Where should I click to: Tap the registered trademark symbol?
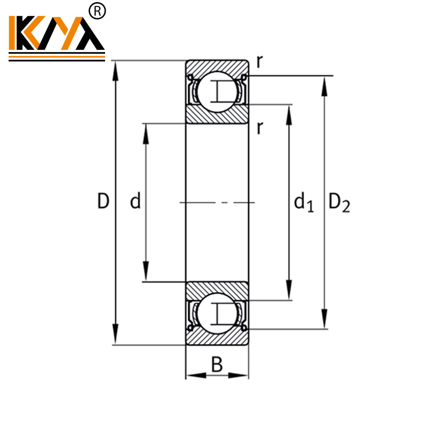[x=97, y=11]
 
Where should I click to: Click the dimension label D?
[x=103, y=202]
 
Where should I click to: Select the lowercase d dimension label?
[x=135, y=202]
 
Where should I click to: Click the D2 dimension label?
[x=339, y=203]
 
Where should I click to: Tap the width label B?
[x=217, y=365]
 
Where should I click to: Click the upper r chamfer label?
[x=259, y=62]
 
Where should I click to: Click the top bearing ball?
[x=217, y=90]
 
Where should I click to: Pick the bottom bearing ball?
[x=217, y=313]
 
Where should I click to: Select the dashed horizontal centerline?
[x=217, y=202]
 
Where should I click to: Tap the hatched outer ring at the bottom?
[x=217, y=338]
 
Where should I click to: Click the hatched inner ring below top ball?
[x=217, y=114]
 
